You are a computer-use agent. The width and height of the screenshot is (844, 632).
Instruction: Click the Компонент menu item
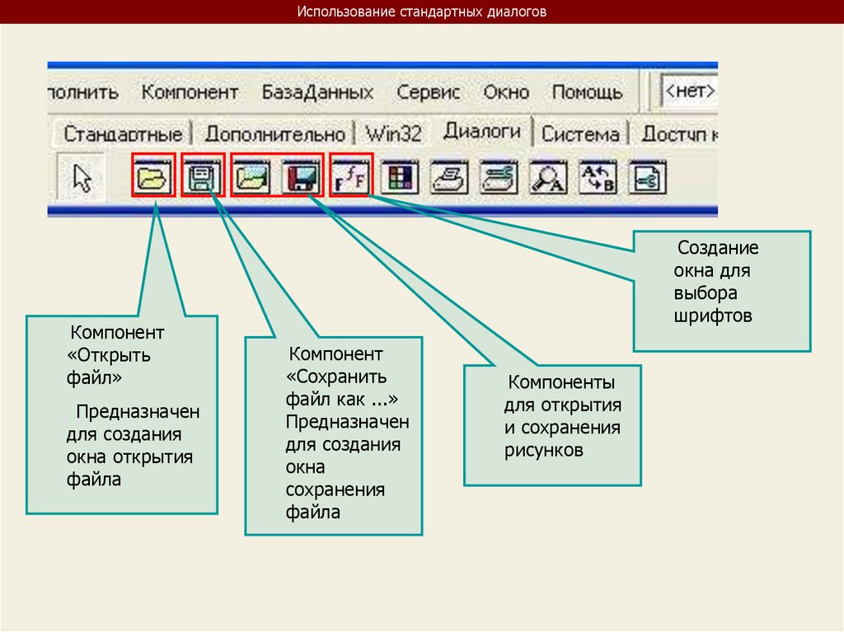(190, 92)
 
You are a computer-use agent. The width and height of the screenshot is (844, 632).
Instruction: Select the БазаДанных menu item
(317, 92)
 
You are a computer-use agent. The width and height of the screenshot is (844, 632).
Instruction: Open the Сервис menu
(428, 92)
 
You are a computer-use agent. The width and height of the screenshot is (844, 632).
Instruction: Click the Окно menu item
(506, 92)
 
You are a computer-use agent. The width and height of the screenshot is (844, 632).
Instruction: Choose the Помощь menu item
(587, 92)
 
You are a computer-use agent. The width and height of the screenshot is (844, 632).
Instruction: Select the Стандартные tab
(123, 133)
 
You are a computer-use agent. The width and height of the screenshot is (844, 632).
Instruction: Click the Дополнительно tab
(274, 133)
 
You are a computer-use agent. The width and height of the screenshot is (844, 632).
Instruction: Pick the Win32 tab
(393, 133)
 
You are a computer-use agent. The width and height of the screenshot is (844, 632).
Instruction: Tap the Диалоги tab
(481, 131)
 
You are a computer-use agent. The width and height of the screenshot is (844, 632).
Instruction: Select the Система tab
(580, 133)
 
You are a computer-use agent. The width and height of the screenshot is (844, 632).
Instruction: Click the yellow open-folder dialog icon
(153, 177)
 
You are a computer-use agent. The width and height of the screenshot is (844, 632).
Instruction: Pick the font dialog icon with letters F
(351, 176)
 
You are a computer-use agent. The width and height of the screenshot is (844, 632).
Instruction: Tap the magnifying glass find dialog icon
(547, 177)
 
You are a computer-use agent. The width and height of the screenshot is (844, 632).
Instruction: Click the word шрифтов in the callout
(713, 316)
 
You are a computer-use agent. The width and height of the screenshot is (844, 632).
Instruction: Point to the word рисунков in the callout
(544, 450)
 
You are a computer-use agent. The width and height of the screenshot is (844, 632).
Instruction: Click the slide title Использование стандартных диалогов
(421, 12)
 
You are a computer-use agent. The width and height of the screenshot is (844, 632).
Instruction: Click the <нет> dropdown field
(689, 91)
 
